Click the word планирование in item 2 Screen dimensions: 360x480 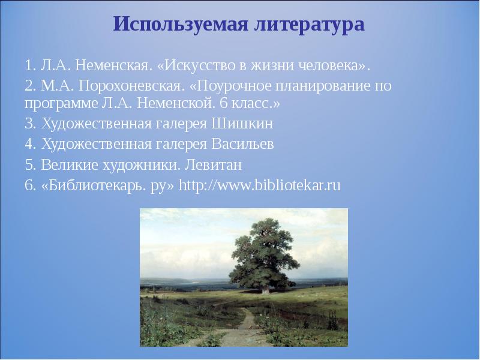click(x=324, y=85)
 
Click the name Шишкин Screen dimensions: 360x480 click(x=244, y=124)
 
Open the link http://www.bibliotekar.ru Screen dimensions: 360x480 click(x=259, y=185)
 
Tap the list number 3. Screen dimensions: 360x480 click(x=29, y=124)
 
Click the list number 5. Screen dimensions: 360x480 click(x=29, y=164)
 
